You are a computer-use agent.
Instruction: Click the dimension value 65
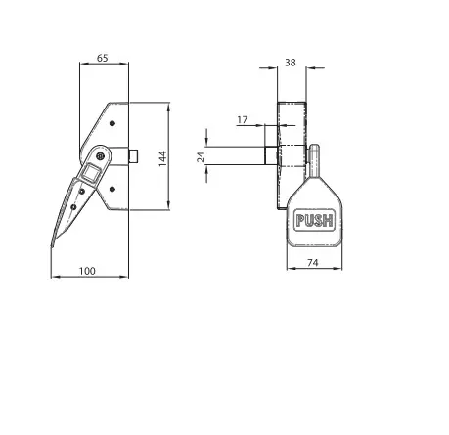pyautogui.click(x=102, y=59)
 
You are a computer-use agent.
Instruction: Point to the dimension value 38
pyautogui.click(x=289, y=63)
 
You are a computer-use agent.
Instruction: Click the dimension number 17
pyautogui.click(x=242, y=121)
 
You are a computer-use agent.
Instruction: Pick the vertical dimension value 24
pyautogui.click(x=201, y=154)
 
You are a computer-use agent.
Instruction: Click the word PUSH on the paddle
pyautogui.click(x=314, y=220)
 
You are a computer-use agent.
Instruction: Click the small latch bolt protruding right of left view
pyautogui.click(x=137, y=154)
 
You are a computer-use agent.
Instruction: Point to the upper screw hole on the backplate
pyautogui.click(x=115, y=122)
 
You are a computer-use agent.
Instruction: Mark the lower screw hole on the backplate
pyautogui.click(x=114, y=189)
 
